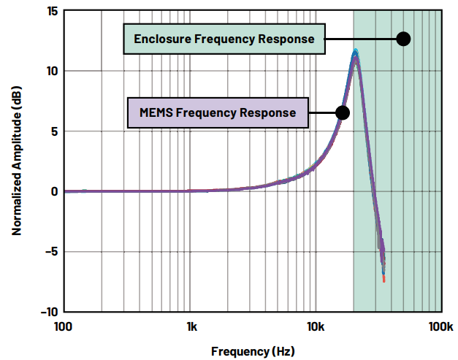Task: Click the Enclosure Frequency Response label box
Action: click(x=224, y=39)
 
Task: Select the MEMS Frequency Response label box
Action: click(x=218, y=112)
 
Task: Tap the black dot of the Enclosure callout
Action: click(x=403, y=39)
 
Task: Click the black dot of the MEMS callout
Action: click(x=342, y=112)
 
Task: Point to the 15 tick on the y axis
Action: click(x=52, y=12)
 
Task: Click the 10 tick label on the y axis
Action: click(x=52, y=72)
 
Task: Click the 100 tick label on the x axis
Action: click(x=64, y=325)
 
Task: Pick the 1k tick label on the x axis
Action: click(x=191, y=325)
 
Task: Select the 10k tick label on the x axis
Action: click(x=316, y=325)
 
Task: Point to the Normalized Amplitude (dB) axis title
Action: click(x=15, y=162)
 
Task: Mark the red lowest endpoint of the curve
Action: click(x=383, y=280)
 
